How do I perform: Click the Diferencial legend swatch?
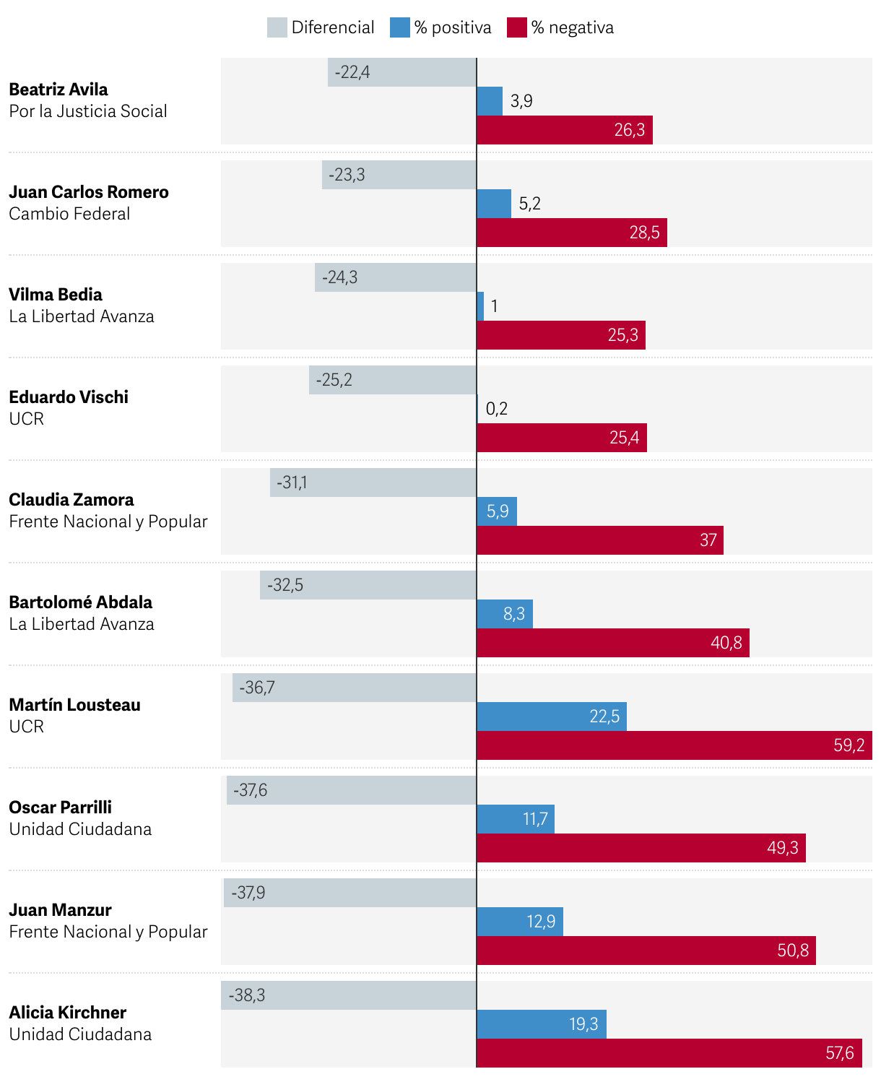click(277, 27)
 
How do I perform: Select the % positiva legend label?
click(452, 27)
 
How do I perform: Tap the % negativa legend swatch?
click(516, 27)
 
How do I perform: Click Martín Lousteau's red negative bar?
click(674, 745)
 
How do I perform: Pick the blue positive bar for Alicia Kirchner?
click(541, 1024)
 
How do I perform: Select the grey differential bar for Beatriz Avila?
click(402, 72)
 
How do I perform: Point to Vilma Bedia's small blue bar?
click(480, 306)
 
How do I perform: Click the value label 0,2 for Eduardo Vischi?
click(497, 409)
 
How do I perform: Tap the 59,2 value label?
click(849, 745)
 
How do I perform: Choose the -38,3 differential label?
click(247, 995)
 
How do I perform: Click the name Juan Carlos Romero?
click(89, 192)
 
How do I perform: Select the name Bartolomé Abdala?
click(81, 602)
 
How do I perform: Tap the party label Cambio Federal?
click(69, 214)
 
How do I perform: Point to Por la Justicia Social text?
click(88, 111)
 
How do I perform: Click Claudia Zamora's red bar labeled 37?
click(599, 540)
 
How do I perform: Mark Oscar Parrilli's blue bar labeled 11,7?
click(515, 819)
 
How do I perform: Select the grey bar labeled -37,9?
click(350, 893)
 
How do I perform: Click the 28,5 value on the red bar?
click(644, 233)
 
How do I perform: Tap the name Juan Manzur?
click(61, 910)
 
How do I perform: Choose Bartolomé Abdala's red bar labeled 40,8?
click(612, 643)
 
